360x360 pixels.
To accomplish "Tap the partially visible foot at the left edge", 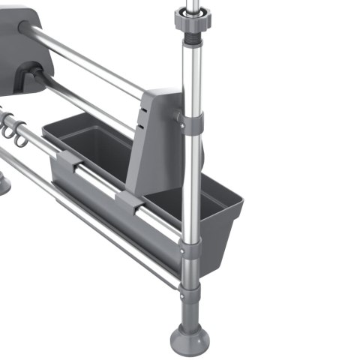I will tap(4, 182).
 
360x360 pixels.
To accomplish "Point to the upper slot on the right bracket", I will tap(142, 112).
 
